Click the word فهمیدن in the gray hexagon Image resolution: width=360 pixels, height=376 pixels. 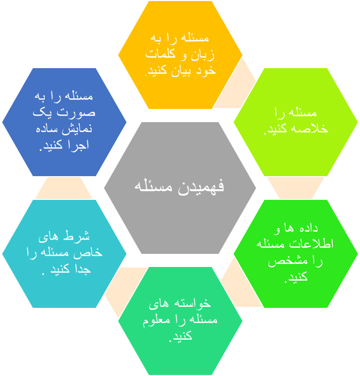[x=201, y=187]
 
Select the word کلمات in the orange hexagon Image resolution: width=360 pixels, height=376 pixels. [x=160, y=53]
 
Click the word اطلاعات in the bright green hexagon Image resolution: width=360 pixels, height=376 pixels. [x=312, y=244]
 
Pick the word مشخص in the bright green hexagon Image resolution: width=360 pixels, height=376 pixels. [x=284, y=261]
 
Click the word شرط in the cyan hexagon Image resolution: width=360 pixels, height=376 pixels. [x=76, y=236]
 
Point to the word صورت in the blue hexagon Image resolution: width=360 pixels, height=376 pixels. [x=76, y=113]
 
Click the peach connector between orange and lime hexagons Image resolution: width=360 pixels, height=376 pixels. [x=236, y=86]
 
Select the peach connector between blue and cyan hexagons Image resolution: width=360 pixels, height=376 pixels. [x=64, y=188]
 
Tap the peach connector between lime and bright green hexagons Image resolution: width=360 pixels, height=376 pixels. [x=295, y=188]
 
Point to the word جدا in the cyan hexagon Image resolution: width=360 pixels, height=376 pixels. [x=83, y=269]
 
